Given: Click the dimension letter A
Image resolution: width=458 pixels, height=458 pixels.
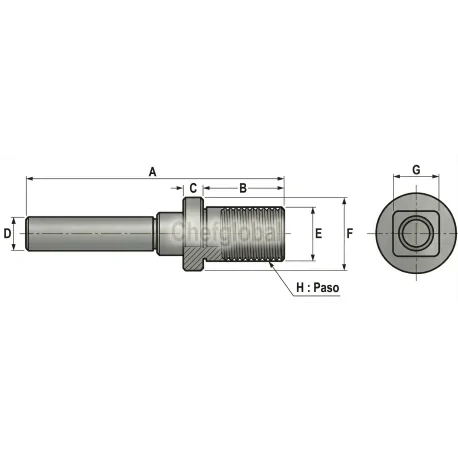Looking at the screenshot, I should (153, 171).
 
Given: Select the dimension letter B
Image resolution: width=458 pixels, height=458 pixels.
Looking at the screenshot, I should (243, 188).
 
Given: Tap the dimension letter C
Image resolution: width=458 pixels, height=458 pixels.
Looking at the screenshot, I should (193, 188).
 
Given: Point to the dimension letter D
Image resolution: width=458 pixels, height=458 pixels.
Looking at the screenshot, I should (8, 233).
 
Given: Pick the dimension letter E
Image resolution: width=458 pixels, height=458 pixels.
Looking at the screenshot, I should (319, 233).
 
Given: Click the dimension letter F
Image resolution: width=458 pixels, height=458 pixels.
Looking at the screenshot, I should (350, 233).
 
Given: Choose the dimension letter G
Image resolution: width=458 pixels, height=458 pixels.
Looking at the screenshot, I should (415, 171).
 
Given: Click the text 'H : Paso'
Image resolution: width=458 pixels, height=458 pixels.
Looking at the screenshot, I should (319, 288).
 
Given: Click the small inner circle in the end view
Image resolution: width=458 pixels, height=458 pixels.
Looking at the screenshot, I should (413, 234).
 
